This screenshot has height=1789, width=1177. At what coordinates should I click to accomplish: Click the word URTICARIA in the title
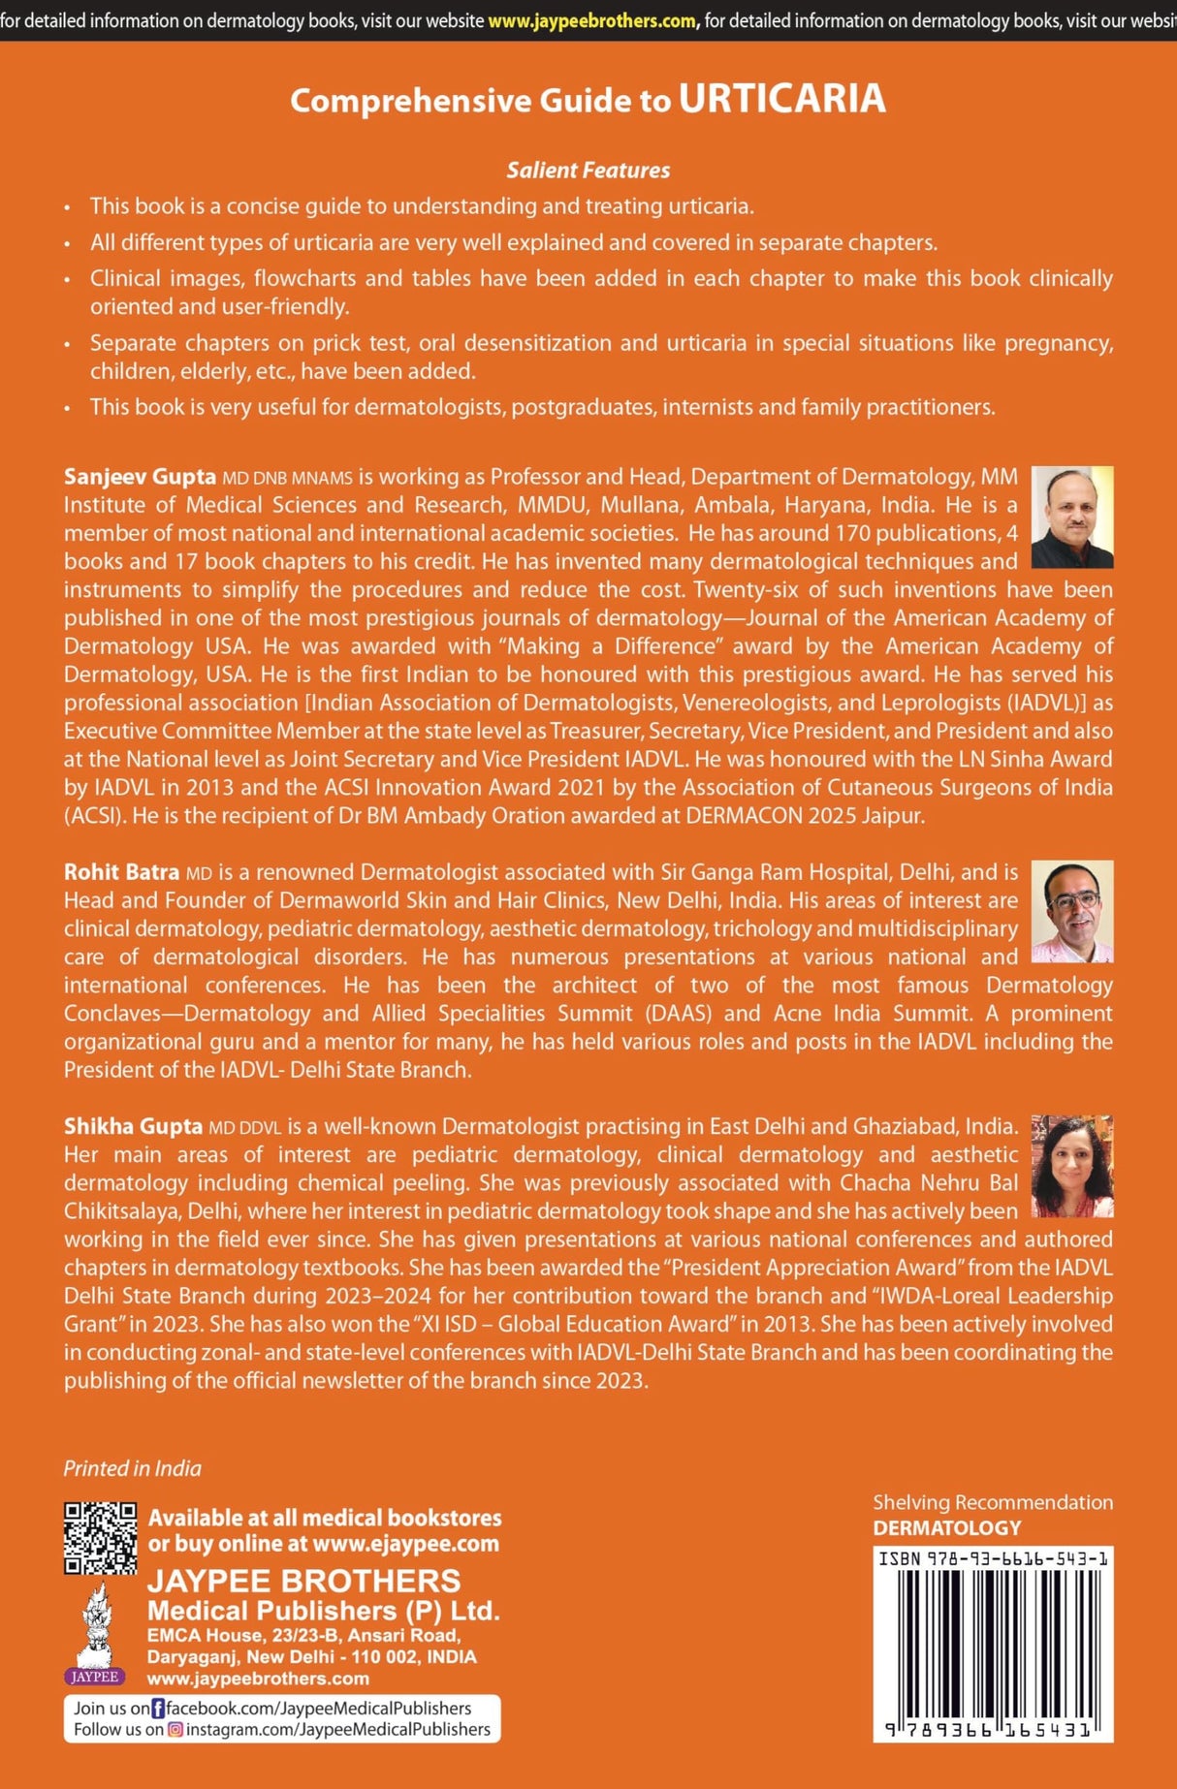781,99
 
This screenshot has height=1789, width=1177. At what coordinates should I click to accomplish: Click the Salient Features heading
588,171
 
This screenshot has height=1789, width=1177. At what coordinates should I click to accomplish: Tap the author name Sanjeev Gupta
140,477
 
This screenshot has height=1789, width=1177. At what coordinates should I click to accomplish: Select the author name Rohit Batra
121,872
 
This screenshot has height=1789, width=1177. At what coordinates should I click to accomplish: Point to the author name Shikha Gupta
133,1126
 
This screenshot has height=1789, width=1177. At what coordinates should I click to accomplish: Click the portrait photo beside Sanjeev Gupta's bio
1071,517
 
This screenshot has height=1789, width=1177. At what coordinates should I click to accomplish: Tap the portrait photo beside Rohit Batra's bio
1071,911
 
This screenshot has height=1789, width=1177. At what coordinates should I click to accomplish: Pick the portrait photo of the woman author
1071,1166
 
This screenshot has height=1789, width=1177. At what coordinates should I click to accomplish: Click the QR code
100,1538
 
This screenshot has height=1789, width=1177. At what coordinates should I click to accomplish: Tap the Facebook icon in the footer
159,1709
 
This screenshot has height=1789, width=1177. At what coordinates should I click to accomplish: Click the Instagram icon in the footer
175,1730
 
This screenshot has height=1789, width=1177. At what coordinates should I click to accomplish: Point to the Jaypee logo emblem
94,1633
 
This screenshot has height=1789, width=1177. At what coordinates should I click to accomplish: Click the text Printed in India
133,1468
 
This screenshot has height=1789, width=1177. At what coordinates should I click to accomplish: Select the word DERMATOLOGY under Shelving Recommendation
947,1528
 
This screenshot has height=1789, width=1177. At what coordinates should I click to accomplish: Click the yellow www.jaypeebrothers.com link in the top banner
592,20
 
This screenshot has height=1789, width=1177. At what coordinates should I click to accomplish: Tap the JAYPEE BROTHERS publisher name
303,1582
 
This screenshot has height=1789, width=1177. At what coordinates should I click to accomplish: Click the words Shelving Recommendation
993,1503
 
